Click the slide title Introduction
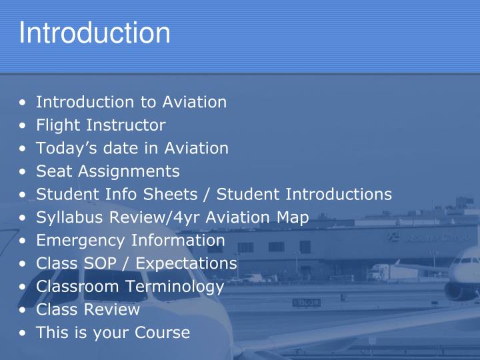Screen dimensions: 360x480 [95, 33]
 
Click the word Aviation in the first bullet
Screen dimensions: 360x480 [194, 103]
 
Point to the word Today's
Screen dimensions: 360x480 [65, 148]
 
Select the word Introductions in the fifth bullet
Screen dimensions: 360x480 [339, 194]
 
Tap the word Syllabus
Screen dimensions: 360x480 [69, 217]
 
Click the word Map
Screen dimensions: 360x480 [294, 217]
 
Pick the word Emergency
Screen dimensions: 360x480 [78, 240]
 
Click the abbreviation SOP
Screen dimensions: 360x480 [100, 263]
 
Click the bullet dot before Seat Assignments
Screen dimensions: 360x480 [24, 172]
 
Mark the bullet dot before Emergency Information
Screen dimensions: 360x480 [24, 241]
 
